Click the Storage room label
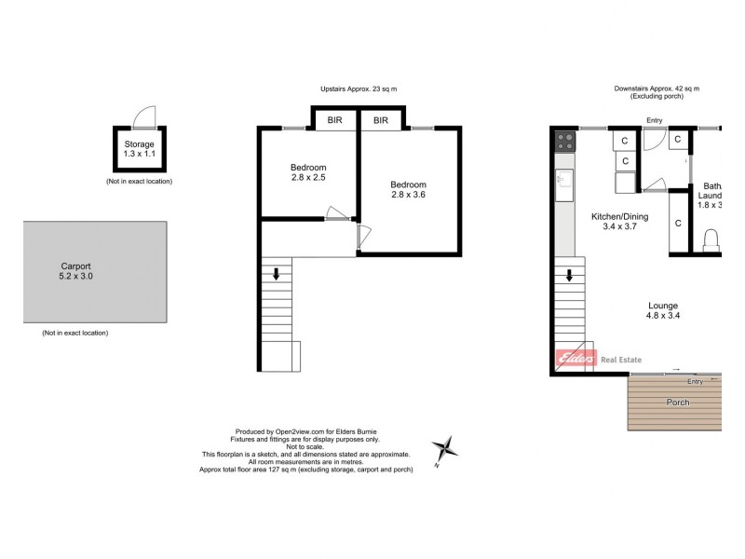(140, 150)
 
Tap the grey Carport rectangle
(95, 271)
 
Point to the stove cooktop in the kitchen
(564, 143)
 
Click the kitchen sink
(564, 186)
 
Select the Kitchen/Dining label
(619, 222)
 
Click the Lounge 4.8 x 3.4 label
(663, 311)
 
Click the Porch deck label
(677, 402)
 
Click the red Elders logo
(576, 360)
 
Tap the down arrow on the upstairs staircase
(276, 274)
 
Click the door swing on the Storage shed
(144, 116)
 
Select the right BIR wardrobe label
(381, 120)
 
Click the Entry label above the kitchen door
(654, 119)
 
